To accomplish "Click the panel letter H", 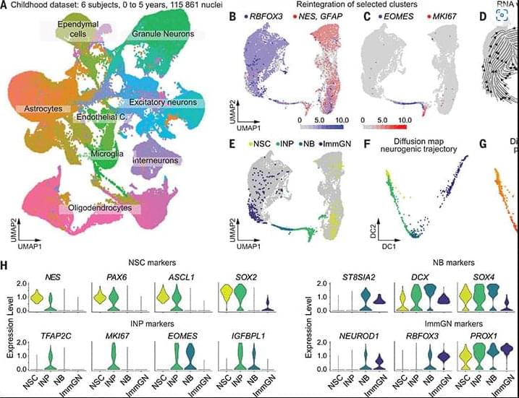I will tap(5, 265).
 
